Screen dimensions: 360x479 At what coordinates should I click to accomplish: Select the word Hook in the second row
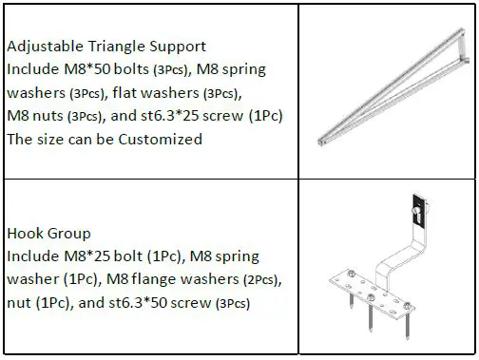23,233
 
